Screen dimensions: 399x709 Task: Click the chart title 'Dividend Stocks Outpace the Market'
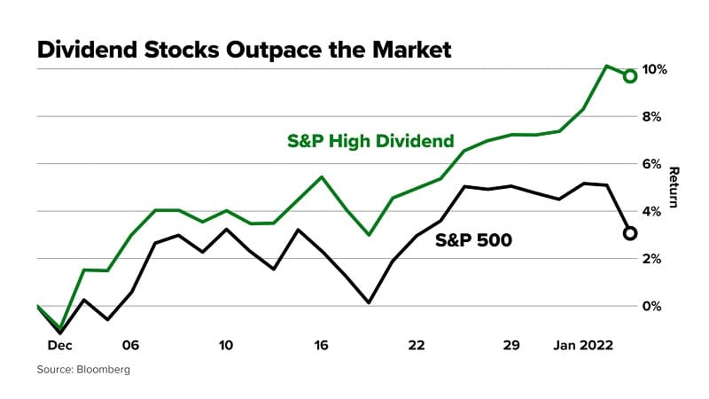244,50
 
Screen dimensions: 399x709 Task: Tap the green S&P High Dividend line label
370,140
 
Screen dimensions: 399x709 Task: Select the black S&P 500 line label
473,239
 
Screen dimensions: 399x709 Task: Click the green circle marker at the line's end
630,76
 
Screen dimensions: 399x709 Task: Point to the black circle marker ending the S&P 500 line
630,233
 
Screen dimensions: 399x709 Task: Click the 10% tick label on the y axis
654,69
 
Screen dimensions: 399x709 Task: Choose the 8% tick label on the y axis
654,116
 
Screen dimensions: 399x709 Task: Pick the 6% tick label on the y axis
654,164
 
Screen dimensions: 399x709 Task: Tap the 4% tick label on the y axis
654,211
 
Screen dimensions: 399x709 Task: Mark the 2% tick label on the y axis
654,258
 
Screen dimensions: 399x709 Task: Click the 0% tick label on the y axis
654,306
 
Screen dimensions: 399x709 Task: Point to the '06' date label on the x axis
130,344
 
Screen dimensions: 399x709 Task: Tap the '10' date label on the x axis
225,344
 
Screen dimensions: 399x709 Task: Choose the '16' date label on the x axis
321,344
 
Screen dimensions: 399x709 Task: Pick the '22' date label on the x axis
417,344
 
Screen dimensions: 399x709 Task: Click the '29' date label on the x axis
510,344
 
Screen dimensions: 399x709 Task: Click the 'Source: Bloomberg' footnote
83,369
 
